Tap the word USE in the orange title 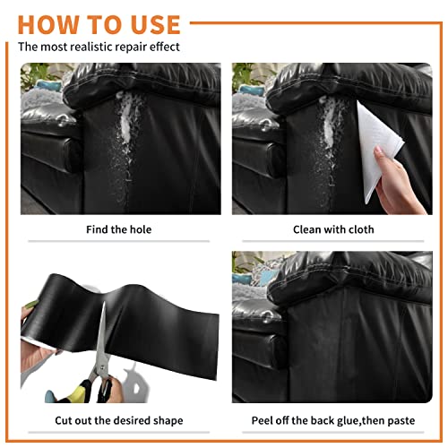pos(155,25)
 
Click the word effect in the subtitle pos(165,47)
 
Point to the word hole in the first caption pos(141,229)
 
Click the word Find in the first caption pos(97,229)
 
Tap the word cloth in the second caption pos(361,229)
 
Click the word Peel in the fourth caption pos(262,420)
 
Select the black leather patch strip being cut pos(125,325)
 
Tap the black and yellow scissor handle pos(90,392)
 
